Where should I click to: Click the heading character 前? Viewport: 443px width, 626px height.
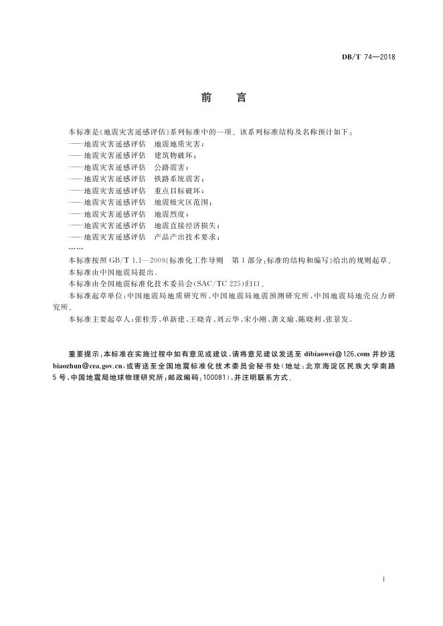[x=205, y=98]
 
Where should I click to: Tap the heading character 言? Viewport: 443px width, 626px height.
[x=242, y=98]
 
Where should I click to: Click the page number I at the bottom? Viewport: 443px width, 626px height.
[x=381, y=577]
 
